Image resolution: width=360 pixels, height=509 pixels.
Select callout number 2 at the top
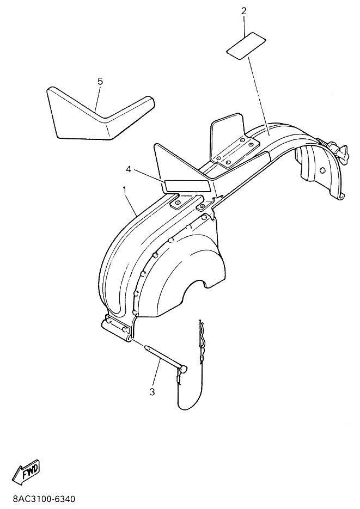tap(244, 11)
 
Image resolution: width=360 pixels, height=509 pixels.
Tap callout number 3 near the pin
tap(152, 392)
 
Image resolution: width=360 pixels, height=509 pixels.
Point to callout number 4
tap(129, 169)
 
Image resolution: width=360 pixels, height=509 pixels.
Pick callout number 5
tap(100, 81)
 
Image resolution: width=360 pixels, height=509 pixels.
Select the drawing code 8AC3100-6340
tap(44, 499)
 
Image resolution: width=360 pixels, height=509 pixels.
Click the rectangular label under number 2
tap(246, 46)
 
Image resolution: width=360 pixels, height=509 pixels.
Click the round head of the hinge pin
tap(184, 369)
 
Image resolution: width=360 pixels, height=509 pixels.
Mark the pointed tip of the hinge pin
tap(145, 346)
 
